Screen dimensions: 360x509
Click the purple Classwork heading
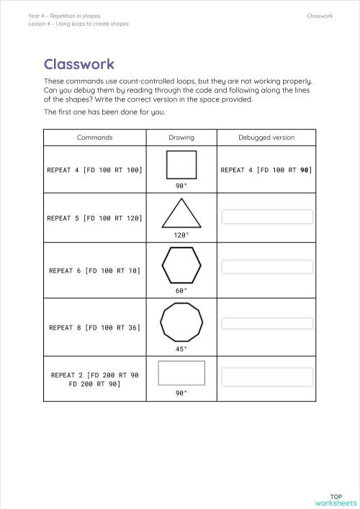(79, 65)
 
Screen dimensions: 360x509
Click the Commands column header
(94, 138)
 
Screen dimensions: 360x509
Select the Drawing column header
(181, 138)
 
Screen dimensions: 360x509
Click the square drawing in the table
(181, 165)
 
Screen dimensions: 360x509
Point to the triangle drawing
(181, 214)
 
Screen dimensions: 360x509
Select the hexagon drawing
(181, 266)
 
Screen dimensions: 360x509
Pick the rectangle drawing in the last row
(181, 373)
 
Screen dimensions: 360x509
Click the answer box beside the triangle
(267, 217)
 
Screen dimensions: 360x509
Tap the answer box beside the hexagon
(267, 267)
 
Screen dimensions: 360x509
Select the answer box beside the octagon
(267, 323)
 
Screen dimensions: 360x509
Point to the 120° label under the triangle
(181, 235)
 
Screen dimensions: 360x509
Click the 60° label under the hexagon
(181, 291)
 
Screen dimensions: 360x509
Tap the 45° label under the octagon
(181, 348)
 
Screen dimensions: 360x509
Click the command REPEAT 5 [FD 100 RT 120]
(94, 217)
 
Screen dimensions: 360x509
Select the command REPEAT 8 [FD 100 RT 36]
(94, 328)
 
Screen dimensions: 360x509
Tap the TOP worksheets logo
(336, 499)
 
